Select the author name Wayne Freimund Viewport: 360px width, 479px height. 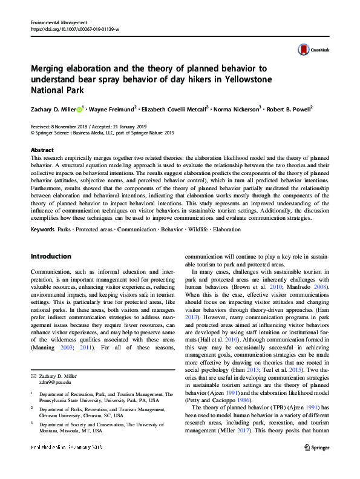[x=111, y=110]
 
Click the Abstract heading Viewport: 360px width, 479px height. [x=42, y=150]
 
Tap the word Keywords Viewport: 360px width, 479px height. [x=42, y=230]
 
